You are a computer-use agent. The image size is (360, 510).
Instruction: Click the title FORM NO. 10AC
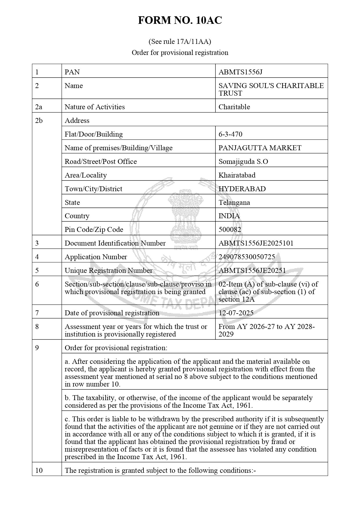coord(180,20)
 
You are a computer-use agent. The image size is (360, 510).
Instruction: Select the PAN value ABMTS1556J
coord(240,72)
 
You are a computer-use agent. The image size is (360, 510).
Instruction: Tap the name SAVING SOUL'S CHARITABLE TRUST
coord(271,89)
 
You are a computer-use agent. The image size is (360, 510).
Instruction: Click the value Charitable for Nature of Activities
coord(234,107)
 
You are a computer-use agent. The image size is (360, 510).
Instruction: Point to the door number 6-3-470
coord(230,134)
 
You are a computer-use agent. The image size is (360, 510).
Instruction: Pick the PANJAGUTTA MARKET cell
coord(260,148)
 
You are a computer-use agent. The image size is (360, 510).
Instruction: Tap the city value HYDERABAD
coord(242,189)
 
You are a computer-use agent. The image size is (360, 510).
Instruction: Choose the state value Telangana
coord(234,202)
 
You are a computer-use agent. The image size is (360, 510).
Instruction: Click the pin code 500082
coord(230,230)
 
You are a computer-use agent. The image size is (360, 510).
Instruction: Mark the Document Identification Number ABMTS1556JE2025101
coord(256,243)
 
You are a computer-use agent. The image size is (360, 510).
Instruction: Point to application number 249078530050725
coord(246,257)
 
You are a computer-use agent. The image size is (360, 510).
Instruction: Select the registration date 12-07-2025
coord(236,313)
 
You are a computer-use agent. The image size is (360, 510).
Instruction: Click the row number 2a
coord(39,107)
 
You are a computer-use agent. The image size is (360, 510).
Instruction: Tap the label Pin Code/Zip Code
coord(94,230)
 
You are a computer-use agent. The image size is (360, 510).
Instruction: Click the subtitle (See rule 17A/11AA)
coord(180,42)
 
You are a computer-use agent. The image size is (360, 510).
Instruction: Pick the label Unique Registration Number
coord(108,271)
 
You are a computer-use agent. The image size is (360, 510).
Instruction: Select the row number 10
coord(39,470)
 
